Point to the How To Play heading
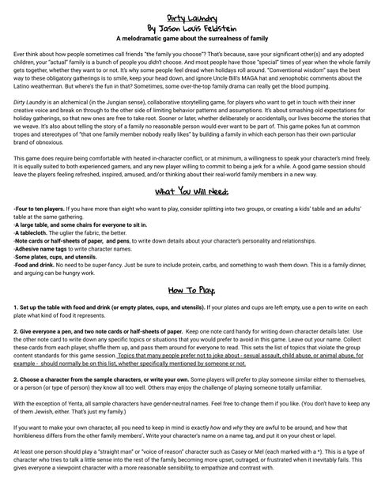[192, 291]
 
